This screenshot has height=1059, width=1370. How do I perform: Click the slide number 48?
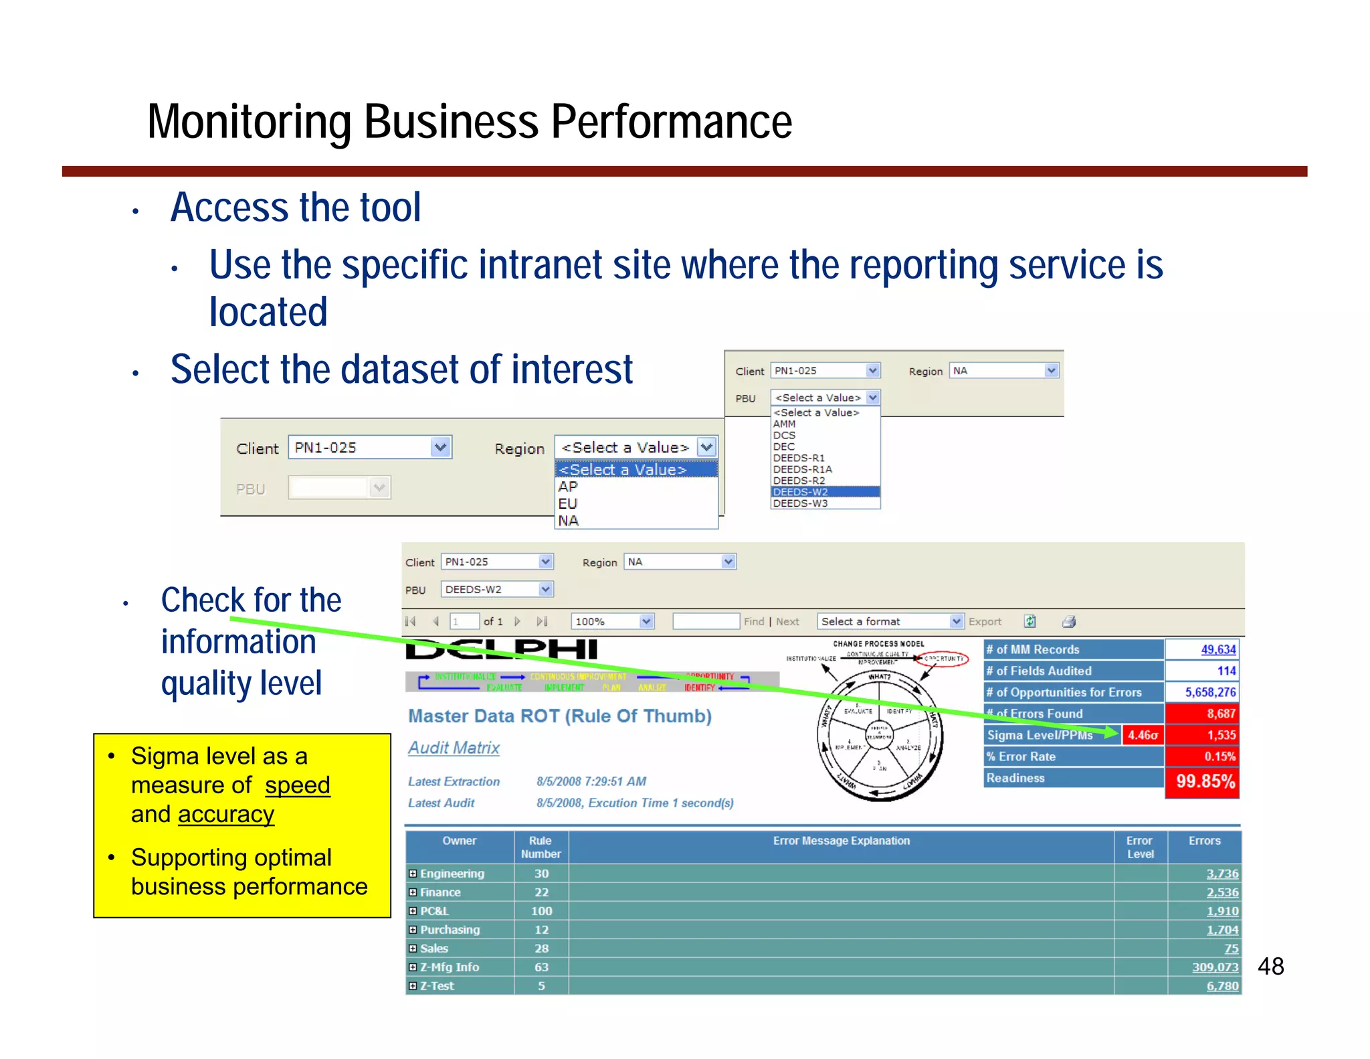1270,966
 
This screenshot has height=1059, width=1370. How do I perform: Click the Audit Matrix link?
454,748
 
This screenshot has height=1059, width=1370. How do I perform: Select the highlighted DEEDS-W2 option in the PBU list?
801,492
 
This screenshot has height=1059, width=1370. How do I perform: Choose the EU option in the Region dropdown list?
568,503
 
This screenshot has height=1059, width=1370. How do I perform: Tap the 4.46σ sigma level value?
1143,735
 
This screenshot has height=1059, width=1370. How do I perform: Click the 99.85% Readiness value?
1205,781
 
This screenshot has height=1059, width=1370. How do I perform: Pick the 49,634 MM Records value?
1217,649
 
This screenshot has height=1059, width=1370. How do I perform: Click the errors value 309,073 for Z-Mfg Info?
1215,967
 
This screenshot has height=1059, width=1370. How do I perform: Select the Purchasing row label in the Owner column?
450,930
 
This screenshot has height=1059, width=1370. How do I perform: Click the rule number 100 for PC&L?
541,911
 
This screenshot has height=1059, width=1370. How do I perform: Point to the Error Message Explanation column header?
841,841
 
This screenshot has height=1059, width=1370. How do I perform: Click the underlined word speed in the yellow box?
297,785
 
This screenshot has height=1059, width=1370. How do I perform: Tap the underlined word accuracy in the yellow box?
226,814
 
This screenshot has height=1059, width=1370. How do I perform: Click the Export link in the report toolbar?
985,621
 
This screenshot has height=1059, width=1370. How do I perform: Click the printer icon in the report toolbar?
1069,621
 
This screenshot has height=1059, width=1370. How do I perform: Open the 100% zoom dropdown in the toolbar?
612,621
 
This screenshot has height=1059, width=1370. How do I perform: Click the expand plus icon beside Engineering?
413,874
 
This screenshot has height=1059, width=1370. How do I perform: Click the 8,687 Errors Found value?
1220,714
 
